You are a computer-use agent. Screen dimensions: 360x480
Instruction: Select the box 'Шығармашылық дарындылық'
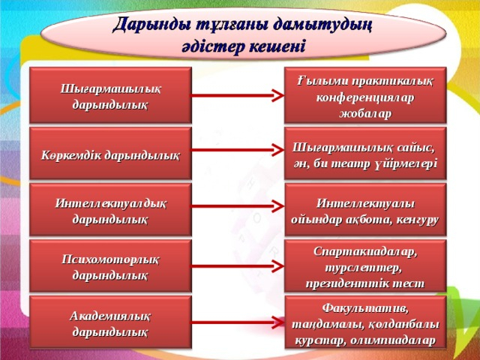(109, 95)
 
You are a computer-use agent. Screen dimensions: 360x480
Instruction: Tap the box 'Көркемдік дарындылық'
(109, 154)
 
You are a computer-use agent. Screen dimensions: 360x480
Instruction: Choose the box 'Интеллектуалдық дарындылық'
(109, 211)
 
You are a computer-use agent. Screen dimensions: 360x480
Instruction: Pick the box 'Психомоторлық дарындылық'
(109, 265)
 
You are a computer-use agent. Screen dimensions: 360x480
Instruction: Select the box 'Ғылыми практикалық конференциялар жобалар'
(365, 95)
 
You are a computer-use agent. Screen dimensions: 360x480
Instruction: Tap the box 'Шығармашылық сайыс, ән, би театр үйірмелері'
(365, 154)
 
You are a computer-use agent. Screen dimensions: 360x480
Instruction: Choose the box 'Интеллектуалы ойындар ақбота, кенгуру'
(365, 211)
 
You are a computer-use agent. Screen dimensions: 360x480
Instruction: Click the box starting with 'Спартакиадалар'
(365, 265)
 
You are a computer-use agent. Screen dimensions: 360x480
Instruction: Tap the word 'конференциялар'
(365, 97)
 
